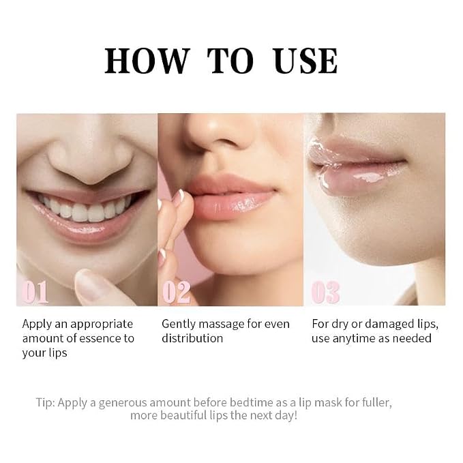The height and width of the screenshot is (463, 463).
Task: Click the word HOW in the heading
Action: pos(147,61)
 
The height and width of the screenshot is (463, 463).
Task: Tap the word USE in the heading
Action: pos(305,61)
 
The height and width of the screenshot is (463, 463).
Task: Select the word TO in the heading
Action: pos(230,61)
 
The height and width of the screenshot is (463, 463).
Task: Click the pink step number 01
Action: pos(35,292)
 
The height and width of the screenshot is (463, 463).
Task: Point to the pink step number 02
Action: pos(177,292)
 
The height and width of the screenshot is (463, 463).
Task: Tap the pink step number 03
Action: pos(325,292)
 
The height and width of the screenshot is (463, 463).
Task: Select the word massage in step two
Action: pos(222,325)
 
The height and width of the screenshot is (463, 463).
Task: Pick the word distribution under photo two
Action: pos(192,338)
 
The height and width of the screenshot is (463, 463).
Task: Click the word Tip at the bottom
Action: pos(45,403)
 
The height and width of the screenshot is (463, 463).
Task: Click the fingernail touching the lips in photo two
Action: pos(178,196)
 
